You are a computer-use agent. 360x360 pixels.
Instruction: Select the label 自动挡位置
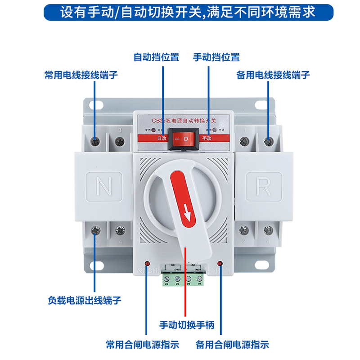(156, 57)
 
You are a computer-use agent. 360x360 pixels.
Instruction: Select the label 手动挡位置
(216, 57)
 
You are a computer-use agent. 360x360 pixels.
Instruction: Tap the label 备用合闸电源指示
(232, 345)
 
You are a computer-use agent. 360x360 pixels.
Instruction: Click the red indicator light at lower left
(147, 263)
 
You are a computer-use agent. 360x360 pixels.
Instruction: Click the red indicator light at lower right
(220, 263)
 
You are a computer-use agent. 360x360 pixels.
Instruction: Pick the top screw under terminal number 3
(119, 142)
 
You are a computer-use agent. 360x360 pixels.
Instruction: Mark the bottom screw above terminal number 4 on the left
(119, 231)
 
